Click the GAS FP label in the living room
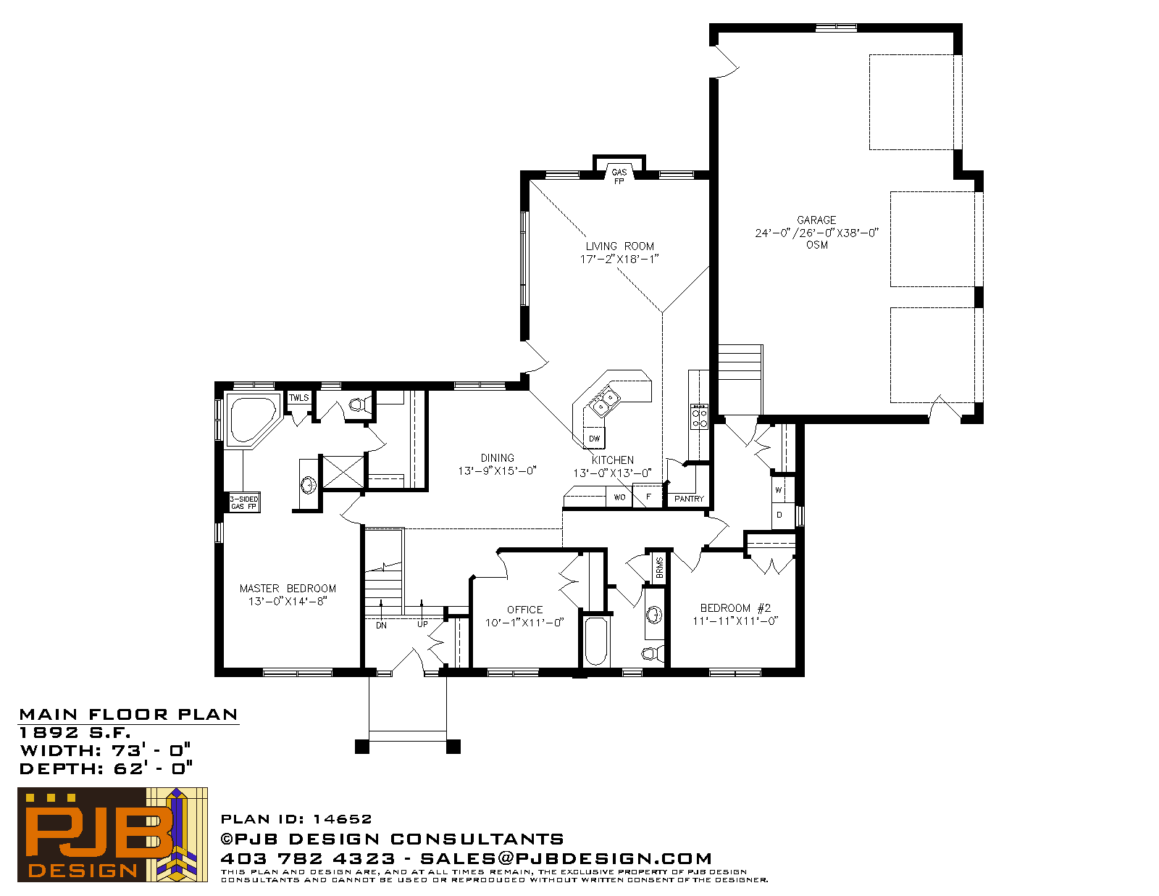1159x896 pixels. tap(619, 177)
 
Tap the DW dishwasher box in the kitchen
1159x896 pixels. tap(594, 438)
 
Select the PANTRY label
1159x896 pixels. tap(689, 499)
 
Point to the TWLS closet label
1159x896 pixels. tap(298, 397)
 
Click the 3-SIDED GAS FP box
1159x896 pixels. tap(244, 502)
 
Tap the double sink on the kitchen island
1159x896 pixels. tap(606, 402)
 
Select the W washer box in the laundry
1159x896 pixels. tap(779, 490)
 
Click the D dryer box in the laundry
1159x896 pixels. tap(779, 515)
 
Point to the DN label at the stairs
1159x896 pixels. tap(381, 626)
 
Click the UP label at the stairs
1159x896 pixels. tap(422, 624)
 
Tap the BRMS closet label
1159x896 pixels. tap(660, 568)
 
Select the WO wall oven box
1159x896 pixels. tap(619, 497)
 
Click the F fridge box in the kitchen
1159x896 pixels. tap(648, 496)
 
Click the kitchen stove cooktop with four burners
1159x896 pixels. tap(699, 417)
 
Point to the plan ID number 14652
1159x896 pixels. tap(343, 819)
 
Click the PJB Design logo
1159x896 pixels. tap(112, 834)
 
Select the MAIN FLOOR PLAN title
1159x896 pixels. tap(128, 715)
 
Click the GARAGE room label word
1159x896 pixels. tap(816, 220)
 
